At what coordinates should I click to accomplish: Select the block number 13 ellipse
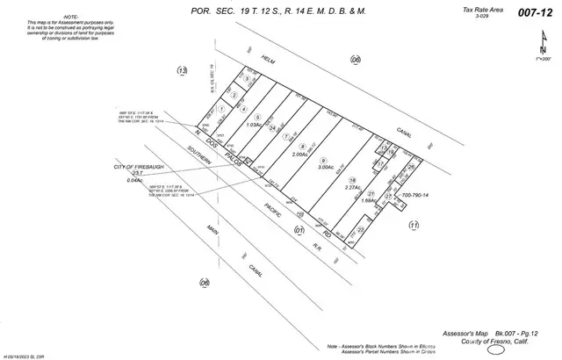(x=183, y=70)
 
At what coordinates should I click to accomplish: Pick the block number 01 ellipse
(x=299, y=231)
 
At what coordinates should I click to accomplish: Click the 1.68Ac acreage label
(x=369, y=201)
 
